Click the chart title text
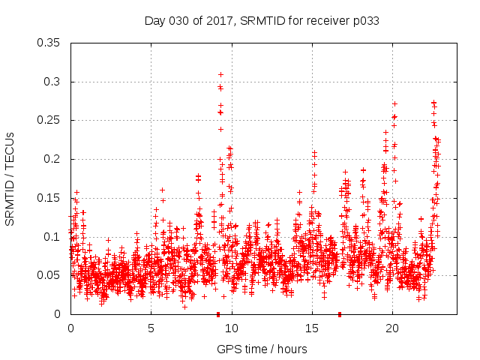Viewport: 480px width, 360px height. [x=261, y=21]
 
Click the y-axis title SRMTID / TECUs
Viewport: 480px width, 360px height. [x=10, y=179]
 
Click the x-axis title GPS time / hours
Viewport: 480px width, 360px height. [x=262, y=349]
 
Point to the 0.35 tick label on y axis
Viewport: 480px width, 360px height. [x=49, y=43]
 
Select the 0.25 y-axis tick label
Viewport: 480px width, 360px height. [x=49, y=120]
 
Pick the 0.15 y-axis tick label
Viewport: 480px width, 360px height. [x=49, y=198]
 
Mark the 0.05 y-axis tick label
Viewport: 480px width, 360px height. [x=49, y=275]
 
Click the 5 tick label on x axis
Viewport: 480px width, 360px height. [x=151, y=328]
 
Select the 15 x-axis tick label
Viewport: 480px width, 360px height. [x=312, y=328]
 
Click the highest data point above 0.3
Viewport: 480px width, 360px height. [x=220, y=74]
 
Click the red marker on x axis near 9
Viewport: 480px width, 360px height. [x=218, y=314]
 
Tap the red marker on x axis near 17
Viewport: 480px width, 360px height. [x=340, y=314]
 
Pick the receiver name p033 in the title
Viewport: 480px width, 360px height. [x=366, y=21]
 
